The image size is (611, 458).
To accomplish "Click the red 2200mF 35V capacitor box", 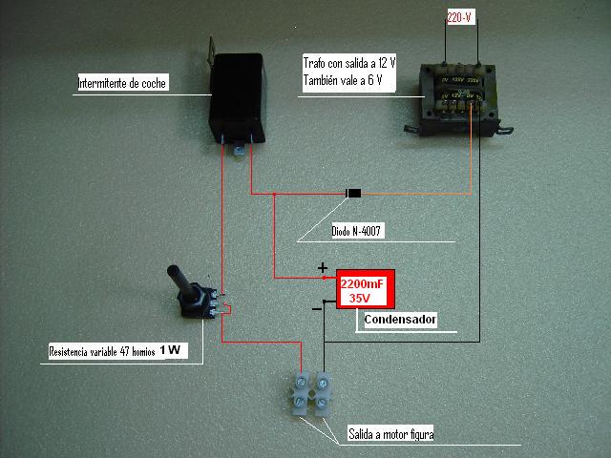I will pos(363,290).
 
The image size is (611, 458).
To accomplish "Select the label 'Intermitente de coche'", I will pos(121,84).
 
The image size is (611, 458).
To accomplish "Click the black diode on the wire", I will pos(353,195).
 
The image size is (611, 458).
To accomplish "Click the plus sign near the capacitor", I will pos(322,268).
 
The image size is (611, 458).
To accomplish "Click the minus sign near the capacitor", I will pos(317,309).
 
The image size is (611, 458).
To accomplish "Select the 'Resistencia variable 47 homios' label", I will pos(101,352).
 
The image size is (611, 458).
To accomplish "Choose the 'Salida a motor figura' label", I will pos(392,434).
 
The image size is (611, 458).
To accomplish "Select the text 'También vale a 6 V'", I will pos(343,81).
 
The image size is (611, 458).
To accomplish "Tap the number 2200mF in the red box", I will pos(363,283).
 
